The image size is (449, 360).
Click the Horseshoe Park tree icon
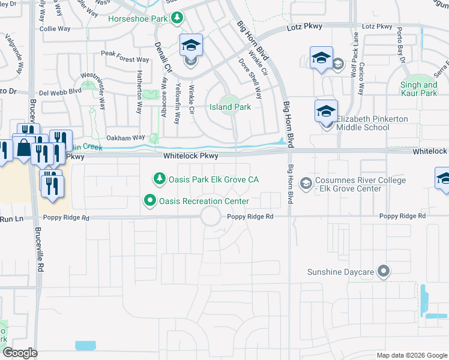177,18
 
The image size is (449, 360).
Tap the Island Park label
230,107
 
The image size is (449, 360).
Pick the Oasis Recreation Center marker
150,201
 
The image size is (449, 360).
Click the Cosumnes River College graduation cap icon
306,182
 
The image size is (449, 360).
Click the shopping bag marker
23,148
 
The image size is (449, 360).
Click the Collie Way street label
55,29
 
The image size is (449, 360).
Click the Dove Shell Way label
251,79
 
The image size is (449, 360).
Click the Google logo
20,353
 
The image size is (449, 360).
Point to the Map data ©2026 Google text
411,355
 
